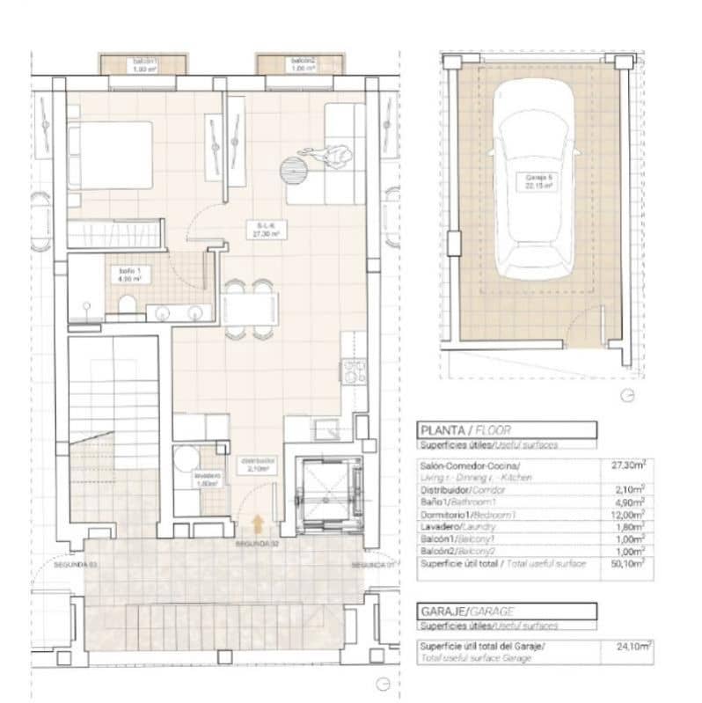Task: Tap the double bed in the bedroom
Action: [111, 154]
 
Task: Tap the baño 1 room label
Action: [130, 275]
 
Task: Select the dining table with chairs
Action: [248, 308]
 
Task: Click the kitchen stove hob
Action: [354, 371]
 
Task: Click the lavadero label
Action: [208, 480]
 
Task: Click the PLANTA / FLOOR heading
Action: [467, 431]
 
